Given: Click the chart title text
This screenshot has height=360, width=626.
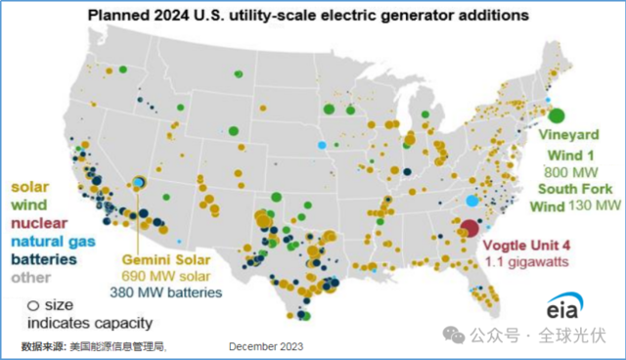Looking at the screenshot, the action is click(x=308, y=16).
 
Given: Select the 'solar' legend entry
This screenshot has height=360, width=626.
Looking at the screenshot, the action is click(x=30, y=187).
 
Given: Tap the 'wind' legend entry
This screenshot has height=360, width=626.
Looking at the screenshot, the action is click(x=29, y=204).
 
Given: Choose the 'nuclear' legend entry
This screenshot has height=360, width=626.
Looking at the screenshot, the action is click(x=39, y=223).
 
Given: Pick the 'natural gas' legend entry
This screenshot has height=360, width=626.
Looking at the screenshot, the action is click(x=53, y=242).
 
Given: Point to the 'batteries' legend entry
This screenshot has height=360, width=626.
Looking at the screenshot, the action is click(x=44, y=259).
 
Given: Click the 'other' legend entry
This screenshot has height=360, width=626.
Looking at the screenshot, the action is click(x=30, y=278).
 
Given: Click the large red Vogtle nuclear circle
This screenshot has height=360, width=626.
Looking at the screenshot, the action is click(x=469, y=228).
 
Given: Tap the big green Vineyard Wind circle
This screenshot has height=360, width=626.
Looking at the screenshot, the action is click(x=557, y=115).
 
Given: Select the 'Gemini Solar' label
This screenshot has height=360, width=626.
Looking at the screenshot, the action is click(x=166, y=260).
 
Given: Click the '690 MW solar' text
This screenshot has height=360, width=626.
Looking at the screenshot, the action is click(x=165, y=276).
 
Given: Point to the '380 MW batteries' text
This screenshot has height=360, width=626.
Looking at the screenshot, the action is click(x=166, y=292).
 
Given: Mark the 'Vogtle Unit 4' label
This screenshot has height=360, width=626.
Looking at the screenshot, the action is click(x=526, y=246).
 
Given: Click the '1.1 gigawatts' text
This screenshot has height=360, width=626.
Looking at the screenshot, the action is click(x=527, y=262).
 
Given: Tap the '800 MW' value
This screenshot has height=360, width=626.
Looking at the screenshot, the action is click(x=571, y=172).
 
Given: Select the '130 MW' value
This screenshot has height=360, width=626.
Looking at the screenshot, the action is click(x=595, y=205).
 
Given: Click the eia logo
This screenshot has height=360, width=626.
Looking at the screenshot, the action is click(x=564, y=306).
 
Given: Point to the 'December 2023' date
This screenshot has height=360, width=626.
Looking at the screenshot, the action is click(x=266, y=346).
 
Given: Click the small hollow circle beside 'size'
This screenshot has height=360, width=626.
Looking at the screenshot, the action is click(x=33, y=306).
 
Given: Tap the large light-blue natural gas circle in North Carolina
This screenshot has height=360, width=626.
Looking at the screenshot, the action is click(x=472, y=201).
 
